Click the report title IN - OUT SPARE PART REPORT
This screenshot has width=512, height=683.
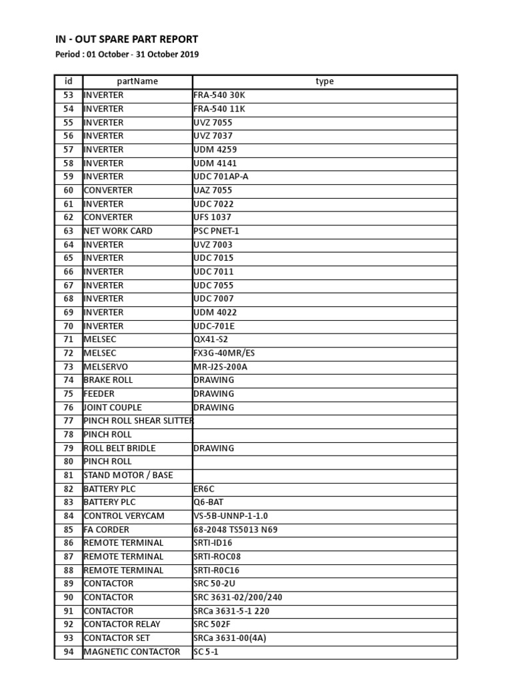coord(127,39)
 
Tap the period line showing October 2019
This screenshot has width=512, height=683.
coord(127,55)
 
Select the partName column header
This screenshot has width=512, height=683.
coord(137,81)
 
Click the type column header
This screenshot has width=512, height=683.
coord(325,81)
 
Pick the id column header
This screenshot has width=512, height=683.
coord(68,81)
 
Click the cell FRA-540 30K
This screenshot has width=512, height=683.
coord(219,95)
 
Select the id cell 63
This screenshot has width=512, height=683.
coord(68,231)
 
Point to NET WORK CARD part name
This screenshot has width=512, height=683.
coord(118,231)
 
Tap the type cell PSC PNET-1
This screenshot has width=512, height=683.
coord(216,231)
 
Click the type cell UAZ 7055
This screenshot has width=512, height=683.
coord(213,190)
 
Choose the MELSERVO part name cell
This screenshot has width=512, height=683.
coord(106,367)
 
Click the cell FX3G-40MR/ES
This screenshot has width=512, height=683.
coord(224,353)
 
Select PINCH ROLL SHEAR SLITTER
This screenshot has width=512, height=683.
coord(138,421)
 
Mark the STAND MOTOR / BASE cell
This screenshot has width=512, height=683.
coord(128,475)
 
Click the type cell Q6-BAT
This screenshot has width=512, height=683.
coord(208,502)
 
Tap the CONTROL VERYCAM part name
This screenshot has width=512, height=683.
coord(124,516)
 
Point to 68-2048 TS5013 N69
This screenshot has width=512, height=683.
coord(235,530)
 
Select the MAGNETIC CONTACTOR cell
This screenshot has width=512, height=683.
coord(132,652)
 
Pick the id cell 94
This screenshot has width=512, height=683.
coord(68,652)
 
